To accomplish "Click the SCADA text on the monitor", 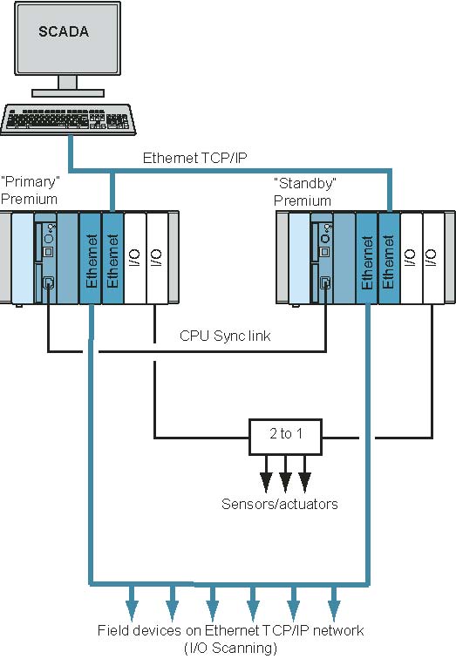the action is coord(64,31).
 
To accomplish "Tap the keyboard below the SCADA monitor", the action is coord(68,119).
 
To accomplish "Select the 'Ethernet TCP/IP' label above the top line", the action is coord(194,158).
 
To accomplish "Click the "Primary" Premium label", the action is coord(31,190).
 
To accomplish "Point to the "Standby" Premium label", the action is coord(304,192).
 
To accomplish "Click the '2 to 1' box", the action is coord(286,437).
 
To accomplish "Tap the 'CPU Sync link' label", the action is coord(225,336).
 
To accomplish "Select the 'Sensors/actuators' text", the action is coord(280,504).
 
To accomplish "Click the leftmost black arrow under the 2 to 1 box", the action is coord(266,474).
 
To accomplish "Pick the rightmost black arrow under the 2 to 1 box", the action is coord(305,474).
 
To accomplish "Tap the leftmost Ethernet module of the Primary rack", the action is coord(91,258).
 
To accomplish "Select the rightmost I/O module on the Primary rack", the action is coord(157,258).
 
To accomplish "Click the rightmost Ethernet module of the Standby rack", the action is coord(389,258).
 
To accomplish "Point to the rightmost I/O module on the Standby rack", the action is coord(433,258).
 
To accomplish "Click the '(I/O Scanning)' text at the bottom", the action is coord(231,648).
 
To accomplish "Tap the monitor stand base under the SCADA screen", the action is coord(68,93).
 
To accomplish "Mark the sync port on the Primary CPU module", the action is coord(49,282).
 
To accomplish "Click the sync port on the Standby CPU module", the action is coord(325,282).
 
